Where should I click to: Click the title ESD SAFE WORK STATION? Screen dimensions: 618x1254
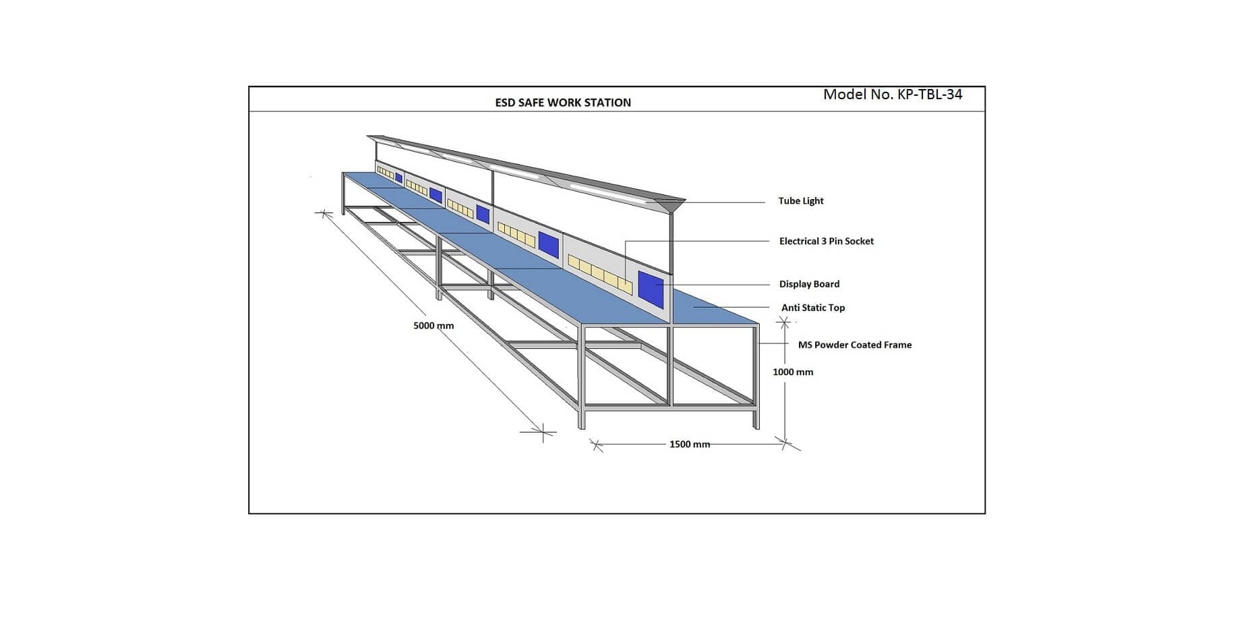563,103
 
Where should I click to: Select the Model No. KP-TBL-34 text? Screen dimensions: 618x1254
893,94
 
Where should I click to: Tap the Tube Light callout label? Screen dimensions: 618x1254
800,201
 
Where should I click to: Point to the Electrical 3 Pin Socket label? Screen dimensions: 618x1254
826,242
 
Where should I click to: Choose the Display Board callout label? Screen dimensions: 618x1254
809,284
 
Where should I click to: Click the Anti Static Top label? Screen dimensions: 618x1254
812,308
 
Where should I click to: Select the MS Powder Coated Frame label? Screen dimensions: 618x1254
854,345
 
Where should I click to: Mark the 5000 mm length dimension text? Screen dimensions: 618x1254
434,326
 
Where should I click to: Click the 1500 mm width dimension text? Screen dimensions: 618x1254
689,445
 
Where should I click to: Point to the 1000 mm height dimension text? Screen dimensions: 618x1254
793,372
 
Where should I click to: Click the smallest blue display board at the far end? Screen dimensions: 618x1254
398,178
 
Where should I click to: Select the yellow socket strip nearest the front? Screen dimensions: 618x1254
600,274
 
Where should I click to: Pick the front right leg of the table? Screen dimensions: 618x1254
756,378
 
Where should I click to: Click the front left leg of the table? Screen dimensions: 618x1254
581,378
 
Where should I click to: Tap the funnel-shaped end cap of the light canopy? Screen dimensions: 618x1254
669,204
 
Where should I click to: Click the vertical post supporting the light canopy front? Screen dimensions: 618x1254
671,243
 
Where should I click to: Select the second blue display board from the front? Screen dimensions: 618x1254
549,245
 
